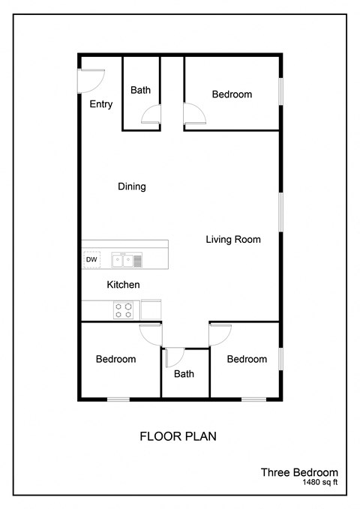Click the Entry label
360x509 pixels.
tap(101, 104)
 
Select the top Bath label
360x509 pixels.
tap(140, 90)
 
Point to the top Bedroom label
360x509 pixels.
tap(232, 94)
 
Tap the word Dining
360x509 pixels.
tap(132, 187)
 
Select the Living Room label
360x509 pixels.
tap(233, 240)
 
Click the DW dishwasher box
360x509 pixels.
tap(91, 259)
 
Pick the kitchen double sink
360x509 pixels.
tap(122, 260)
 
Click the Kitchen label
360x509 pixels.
tap(124, 285)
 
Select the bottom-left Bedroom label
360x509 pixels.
tap(116, 359)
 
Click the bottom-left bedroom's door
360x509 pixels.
tap(151, 334)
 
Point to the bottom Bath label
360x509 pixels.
tap(184, 374)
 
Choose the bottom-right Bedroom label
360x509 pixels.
tap(247, 359)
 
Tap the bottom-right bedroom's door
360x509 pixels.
tap(220, 334)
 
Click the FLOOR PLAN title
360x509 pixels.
tap(178, 436)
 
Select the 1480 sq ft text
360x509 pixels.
tap(320, 484)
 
